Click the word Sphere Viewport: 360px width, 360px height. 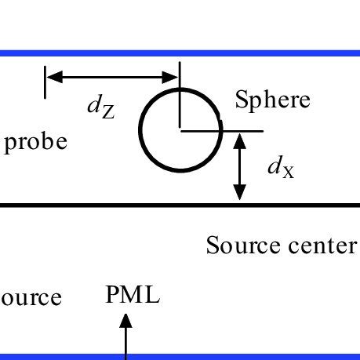click(273, 100)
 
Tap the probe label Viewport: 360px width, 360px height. click(36, 144)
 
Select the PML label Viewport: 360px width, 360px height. click(132, 296)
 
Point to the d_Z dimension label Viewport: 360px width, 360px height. click(100, 108)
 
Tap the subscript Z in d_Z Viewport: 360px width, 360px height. click(107, 112)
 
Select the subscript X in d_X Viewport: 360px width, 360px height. click(289, 171)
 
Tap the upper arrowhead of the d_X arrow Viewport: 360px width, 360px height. click(240, 140)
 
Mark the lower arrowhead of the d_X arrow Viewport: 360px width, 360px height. click(240, 194)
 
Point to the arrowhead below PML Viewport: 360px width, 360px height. click(125, 320)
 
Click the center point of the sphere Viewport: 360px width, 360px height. click(180, 131)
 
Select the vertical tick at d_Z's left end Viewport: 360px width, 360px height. click(45, 82)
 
